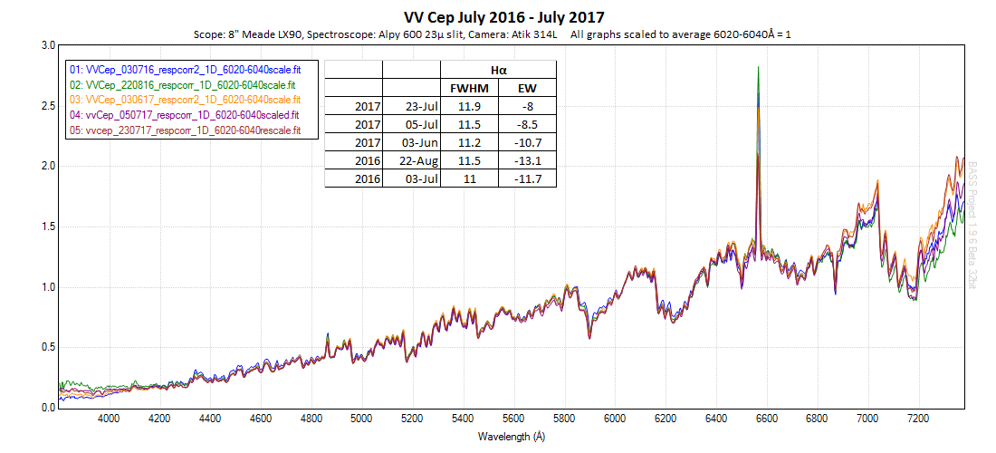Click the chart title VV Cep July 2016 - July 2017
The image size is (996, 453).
pyautogui.click(x=503, y=17)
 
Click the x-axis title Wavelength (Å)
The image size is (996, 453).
pyautogui.click(x=512, y=436)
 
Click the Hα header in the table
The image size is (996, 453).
pyautogui.click(x=498, y=70)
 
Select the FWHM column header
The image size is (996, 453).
pyautogui.click(x=469, y=88)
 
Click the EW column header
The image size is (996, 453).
pyautogui.click(x=527, y=88)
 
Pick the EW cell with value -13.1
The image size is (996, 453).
pyautogui.click(x=527, y=161)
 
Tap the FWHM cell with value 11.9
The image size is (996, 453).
pyautogui.click(x=469, y=106)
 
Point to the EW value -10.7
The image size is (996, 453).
pyautogui.click(x=527, y=143)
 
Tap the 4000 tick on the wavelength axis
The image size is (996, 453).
pyautogui.click(x=109, y=419)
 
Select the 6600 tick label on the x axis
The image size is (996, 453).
pyautogui.click(x=766, y=419)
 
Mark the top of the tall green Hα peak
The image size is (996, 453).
pyautogui.click(x=757, y=67)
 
